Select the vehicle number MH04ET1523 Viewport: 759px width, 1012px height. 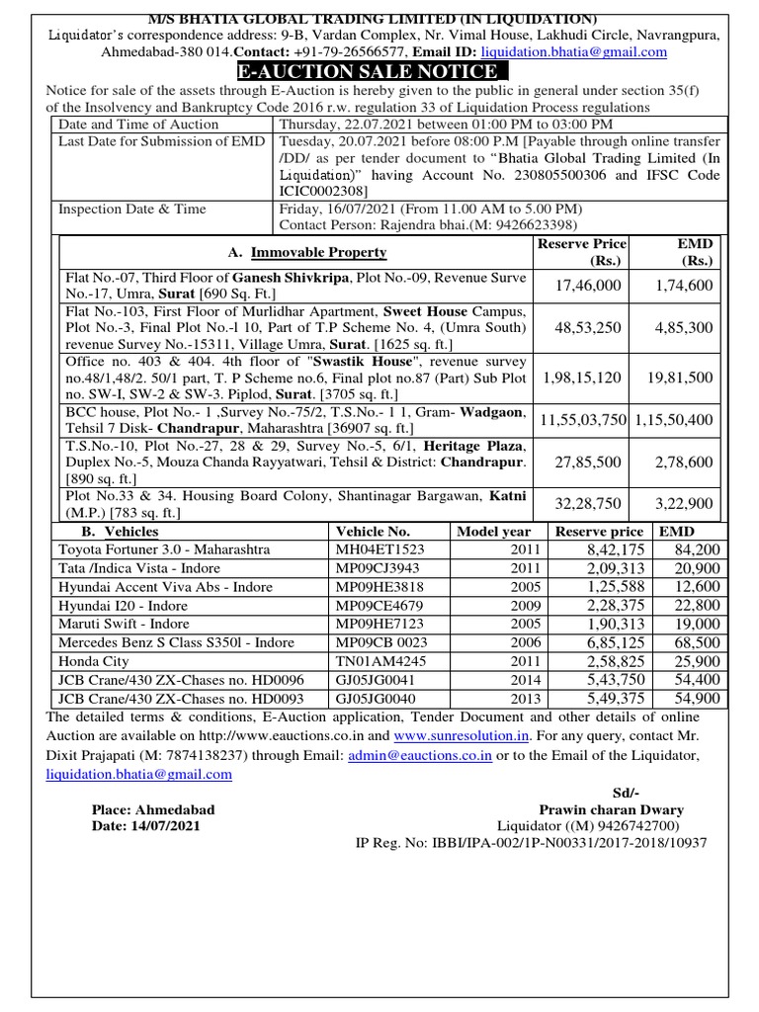pos(379,548)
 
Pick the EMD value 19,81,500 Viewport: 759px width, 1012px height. pos(680,377)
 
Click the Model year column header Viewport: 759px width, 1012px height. pos(493,531)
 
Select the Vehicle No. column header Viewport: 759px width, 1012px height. pos(373,531)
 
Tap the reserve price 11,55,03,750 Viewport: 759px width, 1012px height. pos(583,419)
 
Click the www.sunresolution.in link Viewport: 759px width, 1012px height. pos(462,736)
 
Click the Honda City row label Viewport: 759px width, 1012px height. pos(95,661)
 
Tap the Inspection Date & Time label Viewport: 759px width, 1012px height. pos(131,209)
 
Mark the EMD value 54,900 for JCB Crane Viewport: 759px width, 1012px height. pos(698,698)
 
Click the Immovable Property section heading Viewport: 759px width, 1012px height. pos(307,253)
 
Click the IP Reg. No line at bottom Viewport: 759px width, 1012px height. pos(531,843)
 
